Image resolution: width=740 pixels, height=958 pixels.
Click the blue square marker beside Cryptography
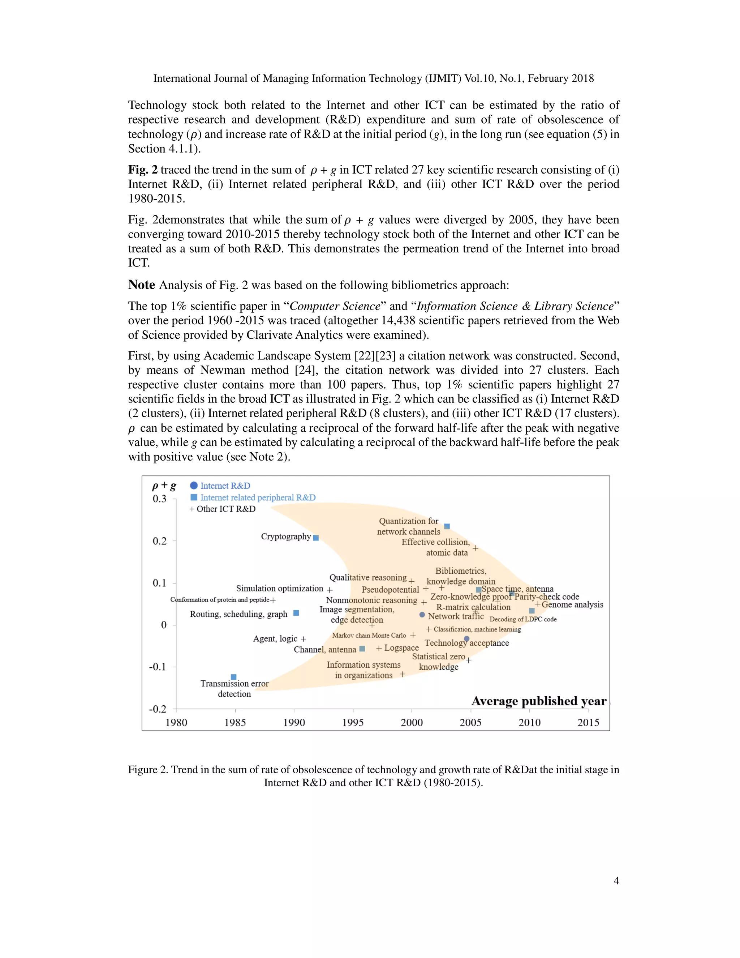tap(316, 538)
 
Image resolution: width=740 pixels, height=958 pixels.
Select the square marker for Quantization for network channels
tap(447, 526)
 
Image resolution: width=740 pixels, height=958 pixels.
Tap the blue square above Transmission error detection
tap(234, 677)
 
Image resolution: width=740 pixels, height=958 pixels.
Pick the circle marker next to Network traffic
tap(422, 615)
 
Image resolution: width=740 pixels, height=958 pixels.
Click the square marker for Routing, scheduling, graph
tap(296, 613)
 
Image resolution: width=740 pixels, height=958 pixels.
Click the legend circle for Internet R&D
tap(194, 485)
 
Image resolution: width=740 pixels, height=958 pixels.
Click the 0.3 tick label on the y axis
tap(160, 499)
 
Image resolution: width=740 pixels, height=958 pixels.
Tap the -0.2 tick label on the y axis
tap(158, 709)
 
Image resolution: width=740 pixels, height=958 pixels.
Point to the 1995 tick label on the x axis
tap(353, 722)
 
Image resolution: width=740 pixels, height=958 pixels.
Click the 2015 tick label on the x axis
tap(588, 722)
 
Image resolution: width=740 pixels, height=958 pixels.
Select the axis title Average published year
tap(539, 701)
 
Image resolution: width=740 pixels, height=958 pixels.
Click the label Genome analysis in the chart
tap(572, 604)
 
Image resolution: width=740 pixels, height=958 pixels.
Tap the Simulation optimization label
tap(280, 588)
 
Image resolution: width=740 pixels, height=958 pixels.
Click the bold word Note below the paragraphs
tap(141, 285)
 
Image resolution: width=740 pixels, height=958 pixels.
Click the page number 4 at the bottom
tap(616, 880)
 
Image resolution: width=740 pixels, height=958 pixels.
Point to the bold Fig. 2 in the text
tap(142, 170)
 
